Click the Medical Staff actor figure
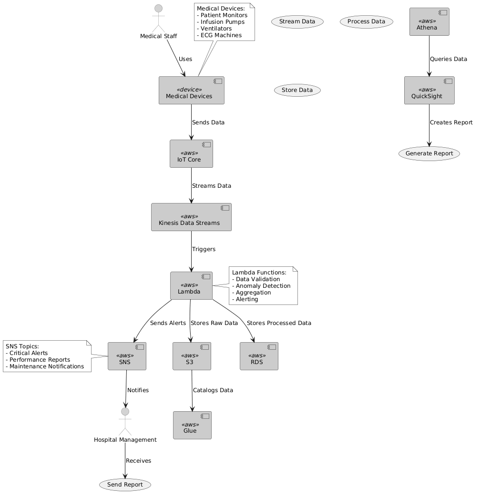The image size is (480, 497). point(158,19)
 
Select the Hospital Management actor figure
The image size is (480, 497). point(125,422)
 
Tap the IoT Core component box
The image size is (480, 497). point(191,154)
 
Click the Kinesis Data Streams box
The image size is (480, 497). point(191,217)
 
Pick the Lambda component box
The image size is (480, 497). point(191,286)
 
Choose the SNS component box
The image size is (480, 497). point(127,356)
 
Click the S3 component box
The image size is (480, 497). point(192,356)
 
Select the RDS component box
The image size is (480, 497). point(259,356)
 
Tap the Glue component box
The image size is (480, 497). point(192,425)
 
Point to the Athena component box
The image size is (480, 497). point(429,22)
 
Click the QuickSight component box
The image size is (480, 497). point(429,91)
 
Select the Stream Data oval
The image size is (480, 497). point(297,21)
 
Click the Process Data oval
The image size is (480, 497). point(366,21)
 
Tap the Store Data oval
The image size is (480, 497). point(297,90)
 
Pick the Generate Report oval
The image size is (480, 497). point(429,153)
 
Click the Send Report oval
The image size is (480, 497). point(125,485)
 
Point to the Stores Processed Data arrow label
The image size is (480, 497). point(279,323)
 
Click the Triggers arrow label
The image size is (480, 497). point(204,249)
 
